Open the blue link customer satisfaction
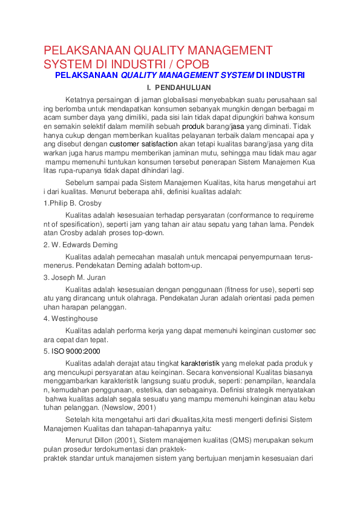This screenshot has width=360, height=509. [x=143, y=145]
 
